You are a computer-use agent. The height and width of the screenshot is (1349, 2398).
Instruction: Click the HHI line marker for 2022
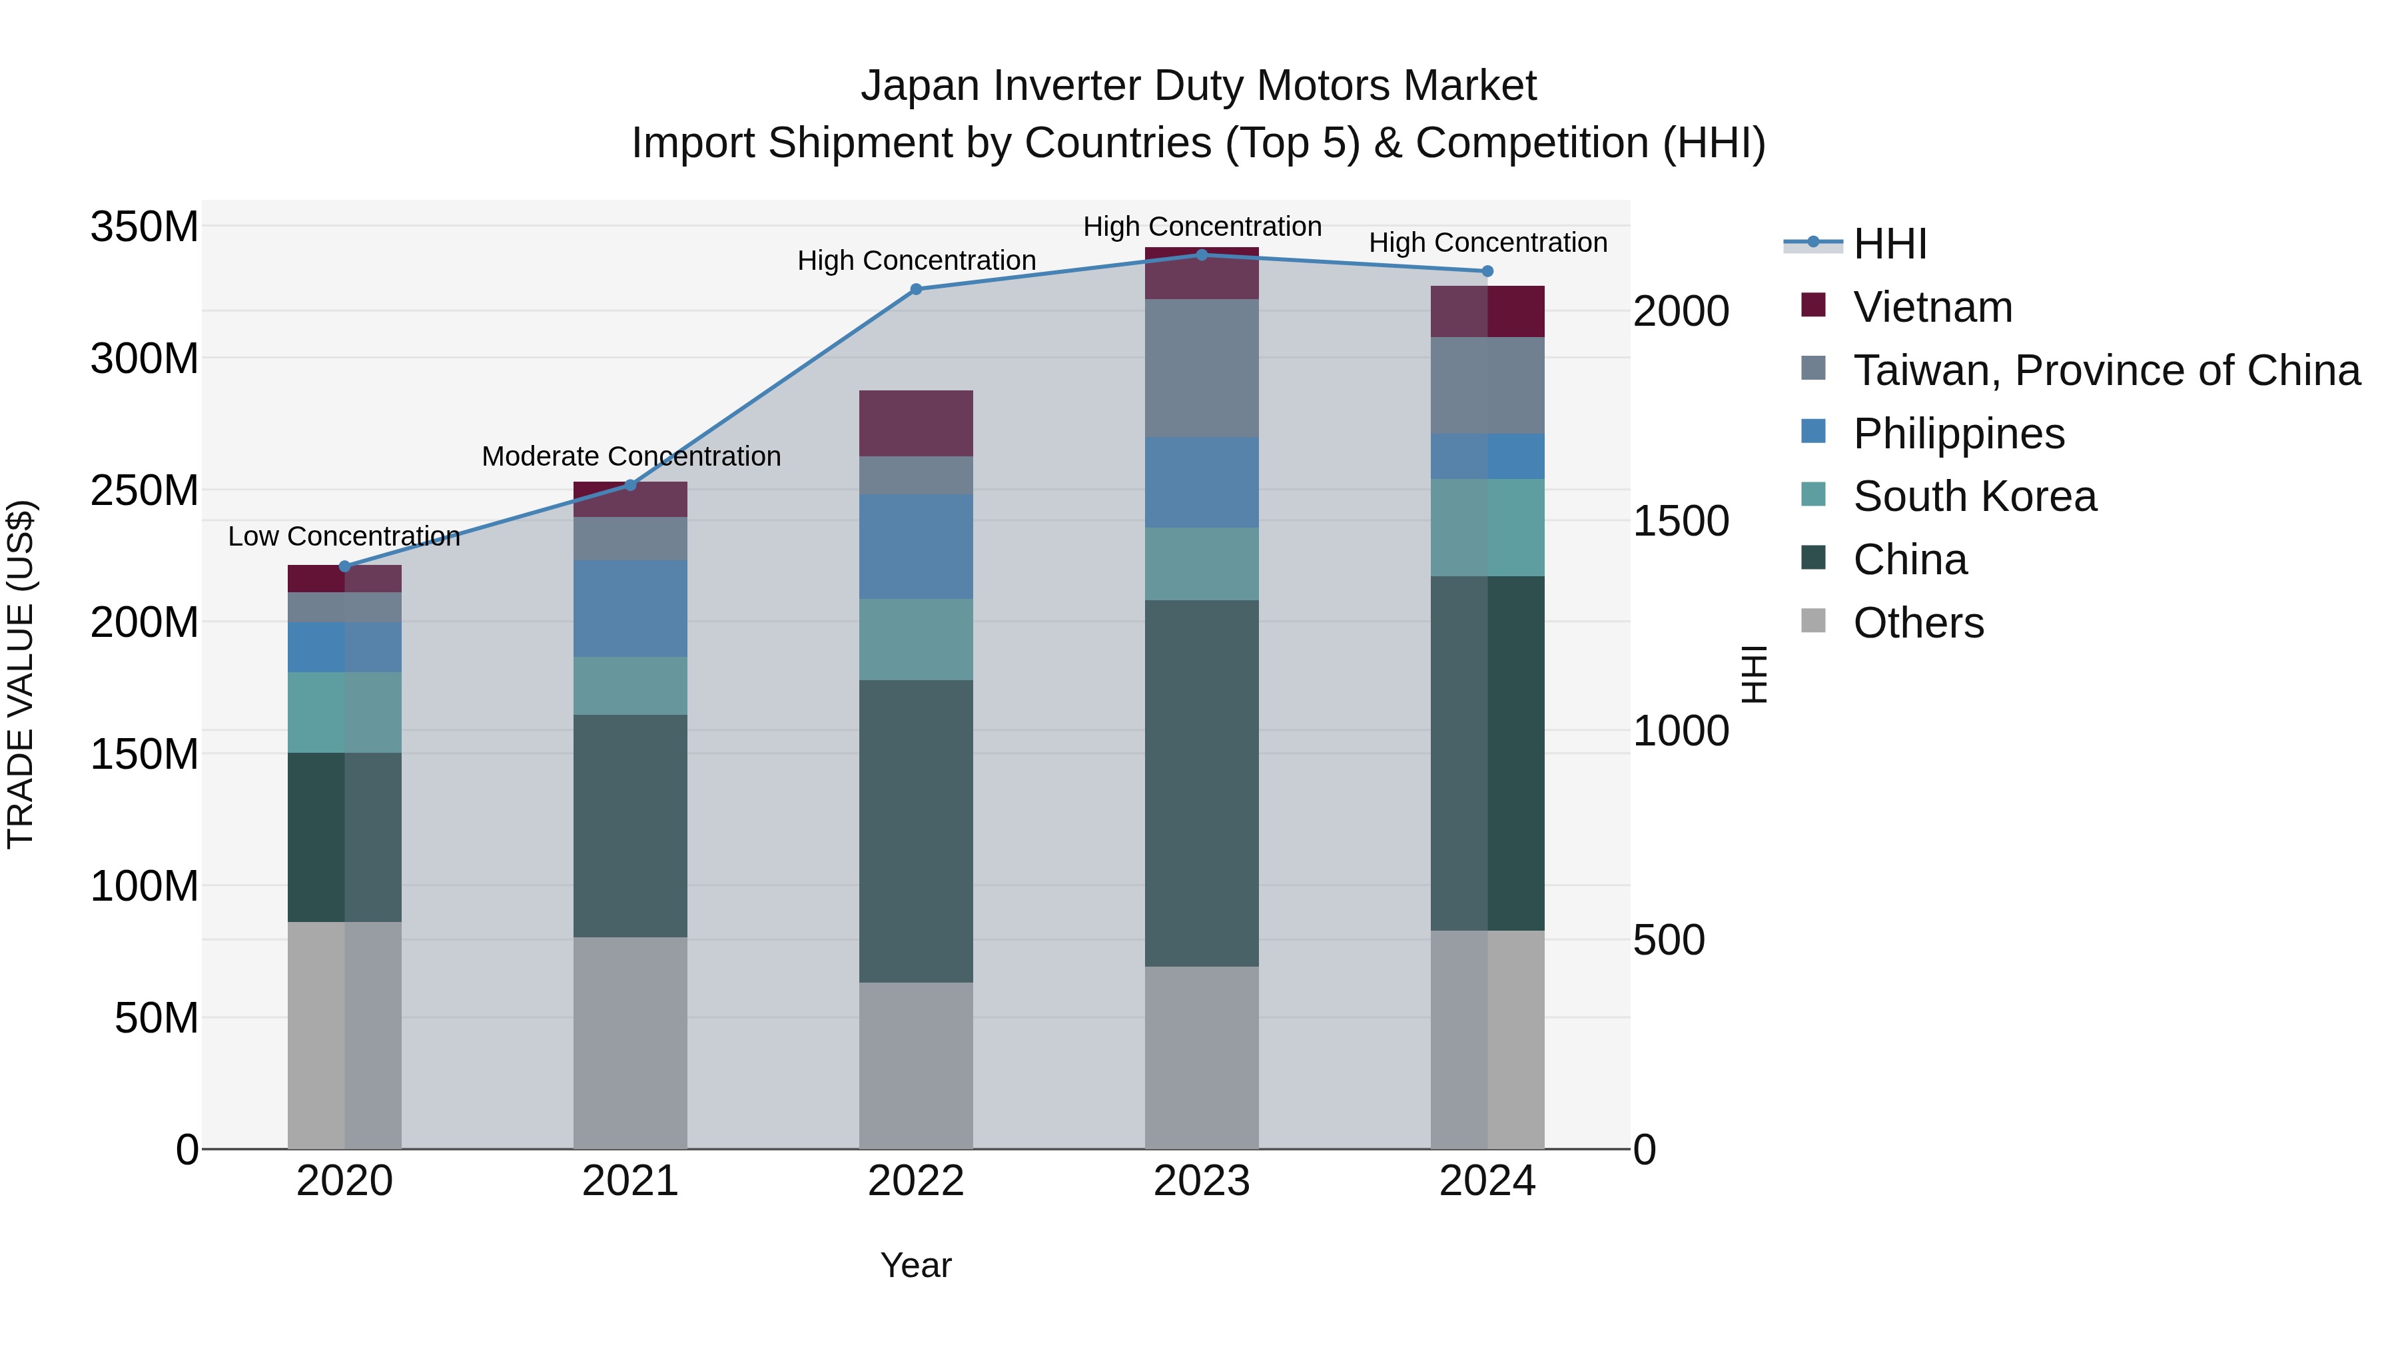tap(915, 290)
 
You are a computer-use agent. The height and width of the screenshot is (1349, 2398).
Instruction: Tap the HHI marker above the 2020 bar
tap(344, 566)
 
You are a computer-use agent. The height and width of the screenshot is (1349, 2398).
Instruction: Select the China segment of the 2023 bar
tap(1201, 782)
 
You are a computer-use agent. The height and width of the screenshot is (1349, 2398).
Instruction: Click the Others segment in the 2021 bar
tap(630, 1043)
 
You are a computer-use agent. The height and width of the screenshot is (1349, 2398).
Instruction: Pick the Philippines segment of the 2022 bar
tap(915, 546)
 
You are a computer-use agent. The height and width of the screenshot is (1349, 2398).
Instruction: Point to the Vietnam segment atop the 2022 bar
tap(915, 424)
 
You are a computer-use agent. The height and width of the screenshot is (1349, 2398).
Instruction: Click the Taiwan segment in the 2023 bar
tap(1201, 368)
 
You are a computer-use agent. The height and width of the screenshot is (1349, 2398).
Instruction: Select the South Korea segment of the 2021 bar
tap(630, 686)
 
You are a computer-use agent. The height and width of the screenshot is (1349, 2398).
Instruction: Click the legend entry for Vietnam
tap(1932, 307)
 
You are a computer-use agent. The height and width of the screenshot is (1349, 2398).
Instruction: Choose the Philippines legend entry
tap(1958, 434)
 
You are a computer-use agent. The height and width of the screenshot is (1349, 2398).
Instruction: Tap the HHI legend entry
tap(1889, 244)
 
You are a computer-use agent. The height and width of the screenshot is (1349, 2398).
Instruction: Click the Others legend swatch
tap(1812, 621)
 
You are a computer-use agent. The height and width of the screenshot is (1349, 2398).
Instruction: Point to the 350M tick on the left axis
tap(145, 227)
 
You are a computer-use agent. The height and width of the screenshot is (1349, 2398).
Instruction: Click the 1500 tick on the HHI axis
tap(1681, 522)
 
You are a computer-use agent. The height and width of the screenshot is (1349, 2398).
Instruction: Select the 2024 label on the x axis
tap(1487, 1181)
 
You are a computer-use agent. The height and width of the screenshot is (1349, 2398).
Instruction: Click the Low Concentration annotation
tap(344, 536)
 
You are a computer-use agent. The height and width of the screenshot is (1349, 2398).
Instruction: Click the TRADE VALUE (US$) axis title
tap(21, 674)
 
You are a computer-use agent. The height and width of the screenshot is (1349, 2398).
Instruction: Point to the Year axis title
tap(915, 1265)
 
